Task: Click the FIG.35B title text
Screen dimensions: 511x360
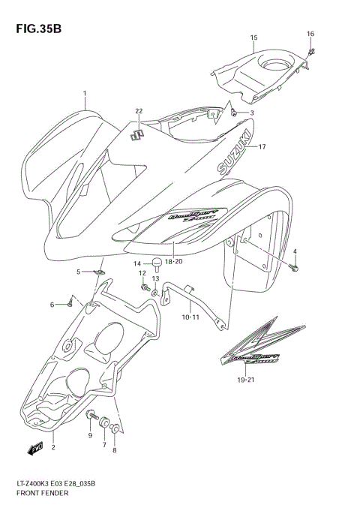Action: tap(36, 29)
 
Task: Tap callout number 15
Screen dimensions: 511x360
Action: tap(253, 38)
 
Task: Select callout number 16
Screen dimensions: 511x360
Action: tap(310, 34)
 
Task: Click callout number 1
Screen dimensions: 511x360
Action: tap(85, 94)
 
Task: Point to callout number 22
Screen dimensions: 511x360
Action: tap(138, 111)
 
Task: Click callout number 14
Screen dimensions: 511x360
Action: tap(137, 263)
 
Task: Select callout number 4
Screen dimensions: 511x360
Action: tap(295, 251)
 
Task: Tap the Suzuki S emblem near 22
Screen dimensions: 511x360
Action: tap(137, 135)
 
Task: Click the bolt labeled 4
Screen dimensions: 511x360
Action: tap(295, 267)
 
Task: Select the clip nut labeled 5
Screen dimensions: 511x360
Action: tap(100, 272)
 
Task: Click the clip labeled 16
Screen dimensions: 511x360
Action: tap(312, 51)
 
